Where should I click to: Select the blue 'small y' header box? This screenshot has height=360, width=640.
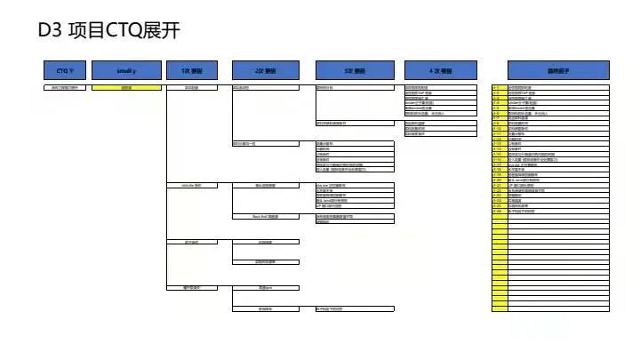pos(127,68)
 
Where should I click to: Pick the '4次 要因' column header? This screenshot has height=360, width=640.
pos(441,68)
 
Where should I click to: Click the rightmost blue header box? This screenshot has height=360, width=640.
pos(556,68)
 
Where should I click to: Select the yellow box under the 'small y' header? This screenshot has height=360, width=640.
pos(127,87)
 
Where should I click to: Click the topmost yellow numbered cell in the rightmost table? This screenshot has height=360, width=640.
pos(499,87)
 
